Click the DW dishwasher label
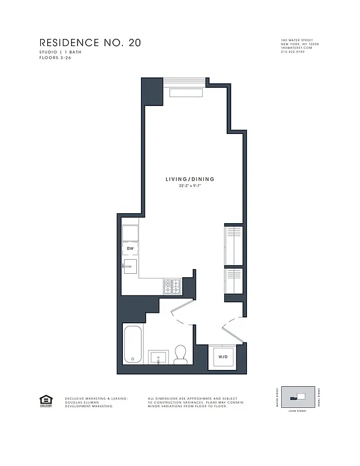coord(130,249)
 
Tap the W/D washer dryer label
coord(223,356)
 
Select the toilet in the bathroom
coord(181,354)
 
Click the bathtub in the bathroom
coord(132,344)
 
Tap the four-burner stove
coord(172,285)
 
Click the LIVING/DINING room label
coord(189,179)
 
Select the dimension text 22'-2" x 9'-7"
coord(189,187)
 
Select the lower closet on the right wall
coord(234,280)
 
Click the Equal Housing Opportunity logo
coord(44,401)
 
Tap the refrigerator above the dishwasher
coord(130,232)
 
